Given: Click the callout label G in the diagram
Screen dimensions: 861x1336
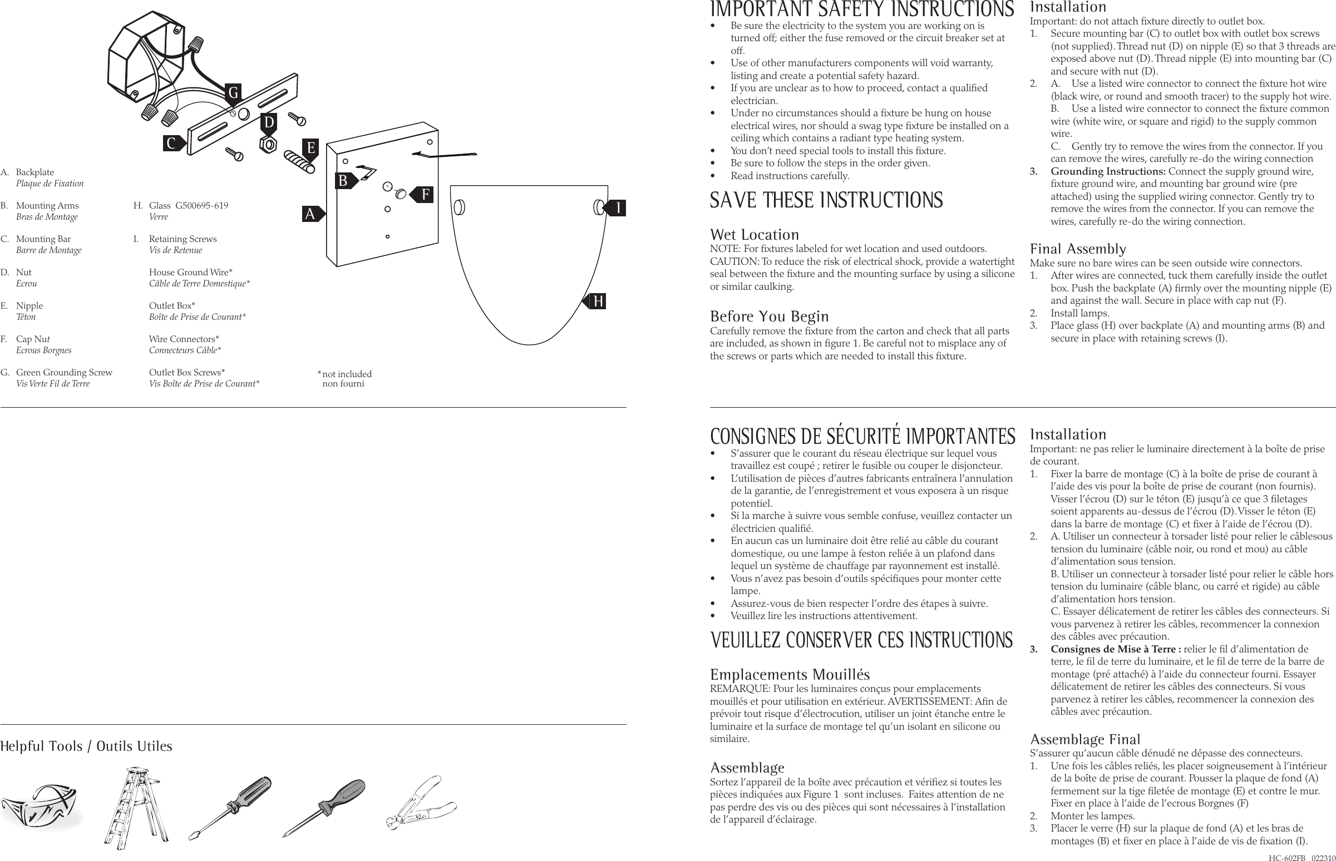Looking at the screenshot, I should pyautogui.click(x=233, y=92).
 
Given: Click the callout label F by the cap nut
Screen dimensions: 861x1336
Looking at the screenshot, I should pyautogui.click(x=425, y=195).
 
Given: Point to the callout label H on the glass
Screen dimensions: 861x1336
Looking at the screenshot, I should pyautogui.click(x=598, y=301).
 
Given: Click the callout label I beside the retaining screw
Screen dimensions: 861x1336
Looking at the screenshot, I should pyautogui.click(x=618, y=208).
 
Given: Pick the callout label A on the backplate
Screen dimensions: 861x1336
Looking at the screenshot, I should pyautogui.click(x=310, y=214).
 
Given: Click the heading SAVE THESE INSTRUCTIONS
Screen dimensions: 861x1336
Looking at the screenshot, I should pyautogui.click(x=826, y=200).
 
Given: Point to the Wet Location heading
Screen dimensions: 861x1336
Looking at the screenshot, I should pyautogui.click(x=754, y=235).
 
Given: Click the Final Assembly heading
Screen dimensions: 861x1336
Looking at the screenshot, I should pyautogui.click(x=1078, y=249).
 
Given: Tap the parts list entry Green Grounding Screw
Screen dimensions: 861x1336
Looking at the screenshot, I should pyautogui.click(x=64, y=372).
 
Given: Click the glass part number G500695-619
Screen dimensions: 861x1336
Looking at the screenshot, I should pyautogui.click(x=201, y=205).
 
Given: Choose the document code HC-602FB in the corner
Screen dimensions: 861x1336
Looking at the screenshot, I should pyautogui.click(x=1286, y=857).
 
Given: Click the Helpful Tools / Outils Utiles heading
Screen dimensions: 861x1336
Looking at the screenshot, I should pyautogui.click(x=86, y=746).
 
